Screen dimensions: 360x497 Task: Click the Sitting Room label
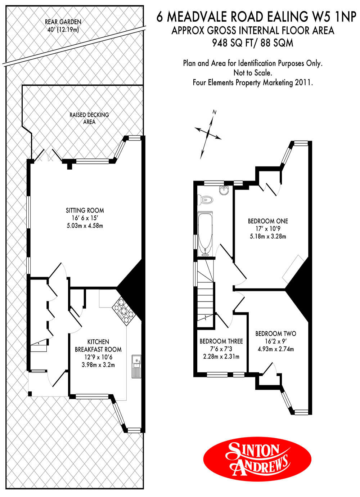click(85, 210)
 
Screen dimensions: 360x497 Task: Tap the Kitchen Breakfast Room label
click(98, 345)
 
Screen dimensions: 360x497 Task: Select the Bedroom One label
click(268, 221)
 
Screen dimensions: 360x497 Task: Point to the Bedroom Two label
click(276, 333)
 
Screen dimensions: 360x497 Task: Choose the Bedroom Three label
click(221, 341)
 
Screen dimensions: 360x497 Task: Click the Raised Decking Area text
click(89, 118)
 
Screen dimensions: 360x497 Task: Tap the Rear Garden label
click(63, 22)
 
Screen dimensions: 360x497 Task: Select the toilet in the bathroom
click(205, 200)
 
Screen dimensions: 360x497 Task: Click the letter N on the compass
click(214, 112)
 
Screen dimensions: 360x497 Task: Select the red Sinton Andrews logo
click(257, 458)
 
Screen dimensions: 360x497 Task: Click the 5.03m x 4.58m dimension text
click(85, 226)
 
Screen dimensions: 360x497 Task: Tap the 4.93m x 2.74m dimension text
click(276, 349)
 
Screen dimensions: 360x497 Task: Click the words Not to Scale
click(253, 73)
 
